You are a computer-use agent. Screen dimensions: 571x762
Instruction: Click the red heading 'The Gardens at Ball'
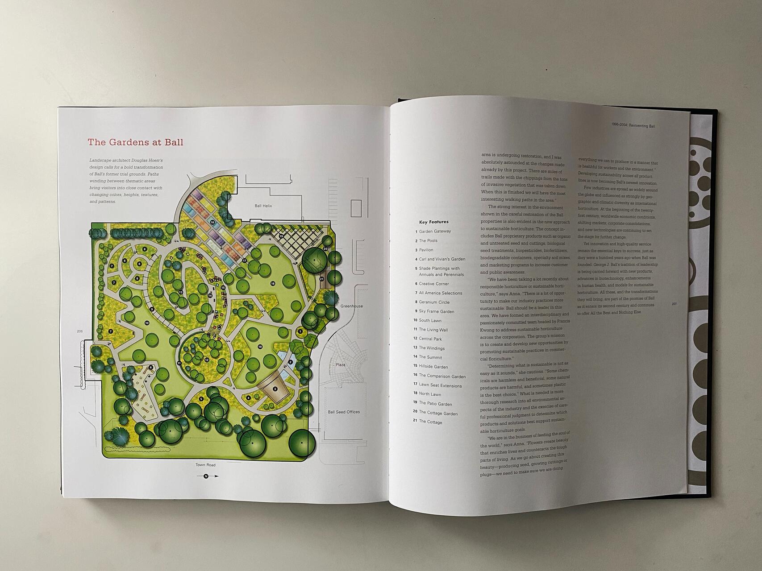[135, 142]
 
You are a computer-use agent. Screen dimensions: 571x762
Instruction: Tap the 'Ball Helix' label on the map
[263, 206]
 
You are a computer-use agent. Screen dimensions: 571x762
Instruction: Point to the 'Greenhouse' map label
[351, 306]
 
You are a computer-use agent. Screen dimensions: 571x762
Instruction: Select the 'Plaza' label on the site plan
[340, 364]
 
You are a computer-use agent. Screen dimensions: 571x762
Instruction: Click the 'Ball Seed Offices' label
[344, 412]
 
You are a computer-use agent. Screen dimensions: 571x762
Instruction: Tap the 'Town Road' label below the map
[205, 465]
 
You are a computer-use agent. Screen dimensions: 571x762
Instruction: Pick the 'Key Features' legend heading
[433, 222]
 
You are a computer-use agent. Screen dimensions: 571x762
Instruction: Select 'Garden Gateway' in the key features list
[434, 231]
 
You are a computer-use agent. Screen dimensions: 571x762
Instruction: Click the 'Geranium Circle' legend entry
[434, 302]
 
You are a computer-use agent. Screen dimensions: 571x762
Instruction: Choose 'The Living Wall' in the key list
[433, 330]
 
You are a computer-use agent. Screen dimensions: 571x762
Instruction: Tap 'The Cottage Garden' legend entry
[437, 413]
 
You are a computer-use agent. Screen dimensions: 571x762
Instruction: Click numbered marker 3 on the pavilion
[275, 389]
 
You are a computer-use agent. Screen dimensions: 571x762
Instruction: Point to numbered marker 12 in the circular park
[207, 360]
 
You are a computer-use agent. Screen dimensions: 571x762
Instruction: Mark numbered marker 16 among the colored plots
[212, 222]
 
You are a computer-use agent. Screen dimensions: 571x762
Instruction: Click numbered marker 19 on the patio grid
[281, 236]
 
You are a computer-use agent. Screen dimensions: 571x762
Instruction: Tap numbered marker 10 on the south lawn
[146, 323]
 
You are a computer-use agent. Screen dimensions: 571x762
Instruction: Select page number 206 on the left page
[80, 331]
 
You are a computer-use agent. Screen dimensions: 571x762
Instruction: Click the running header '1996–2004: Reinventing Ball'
[633, 126]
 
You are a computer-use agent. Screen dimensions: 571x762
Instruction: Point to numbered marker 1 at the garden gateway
[300, 331]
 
